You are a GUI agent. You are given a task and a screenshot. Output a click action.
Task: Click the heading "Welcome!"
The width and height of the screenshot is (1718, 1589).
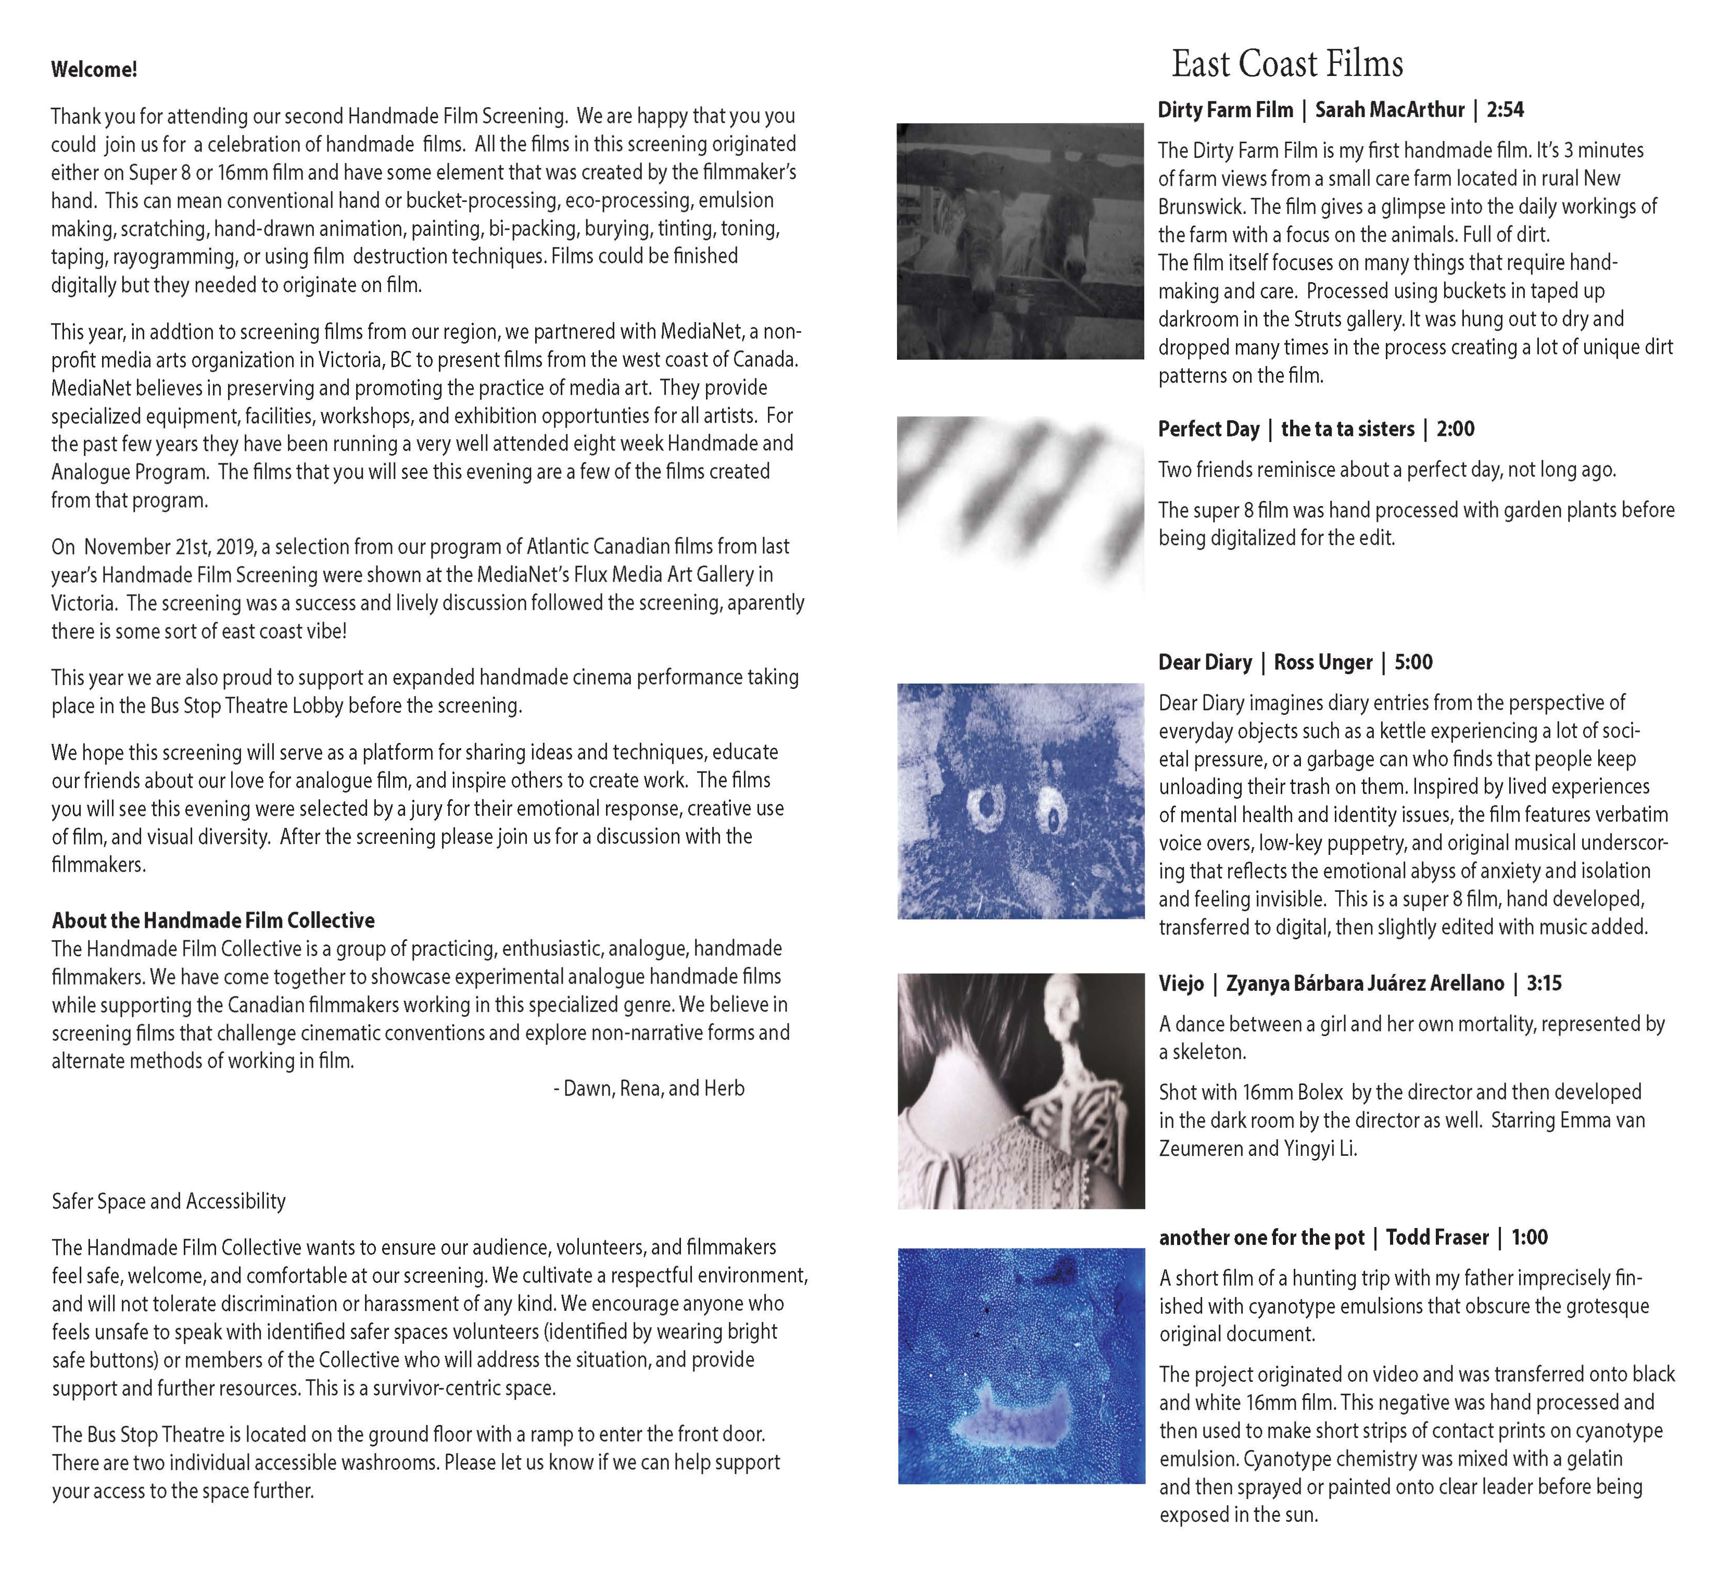click(x=94, y=70)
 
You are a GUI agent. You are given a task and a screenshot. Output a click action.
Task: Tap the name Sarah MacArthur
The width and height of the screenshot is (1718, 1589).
click(x=1389, y=110)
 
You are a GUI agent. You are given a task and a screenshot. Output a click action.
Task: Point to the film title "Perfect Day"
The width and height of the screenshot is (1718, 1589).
click(x=1208, y=429)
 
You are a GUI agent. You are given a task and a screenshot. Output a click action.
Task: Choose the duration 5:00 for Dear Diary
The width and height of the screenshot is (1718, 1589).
click(x=1413, y=662)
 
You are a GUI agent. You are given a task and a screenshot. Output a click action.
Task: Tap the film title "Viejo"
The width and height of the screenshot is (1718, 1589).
click(x=1181, y=983)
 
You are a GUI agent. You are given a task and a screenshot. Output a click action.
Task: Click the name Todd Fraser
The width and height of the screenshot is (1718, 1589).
click(x=1437, y=1238)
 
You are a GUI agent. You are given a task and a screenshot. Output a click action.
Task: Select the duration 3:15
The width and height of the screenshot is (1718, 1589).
click(x=1544, y=983)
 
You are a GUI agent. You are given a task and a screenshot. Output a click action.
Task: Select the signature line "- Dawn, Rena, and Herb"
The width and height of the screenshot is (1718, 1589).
click(x=649, y=1089)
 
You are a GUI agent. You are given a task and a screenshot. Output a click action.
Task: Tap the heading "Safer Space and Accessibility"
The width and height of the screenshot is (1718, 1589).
click(x=169, y=1201)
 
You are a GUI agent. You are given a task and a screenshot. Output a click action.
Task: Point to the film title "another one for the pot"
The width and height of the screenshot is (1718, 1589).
click(x=1261, y=1238)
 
